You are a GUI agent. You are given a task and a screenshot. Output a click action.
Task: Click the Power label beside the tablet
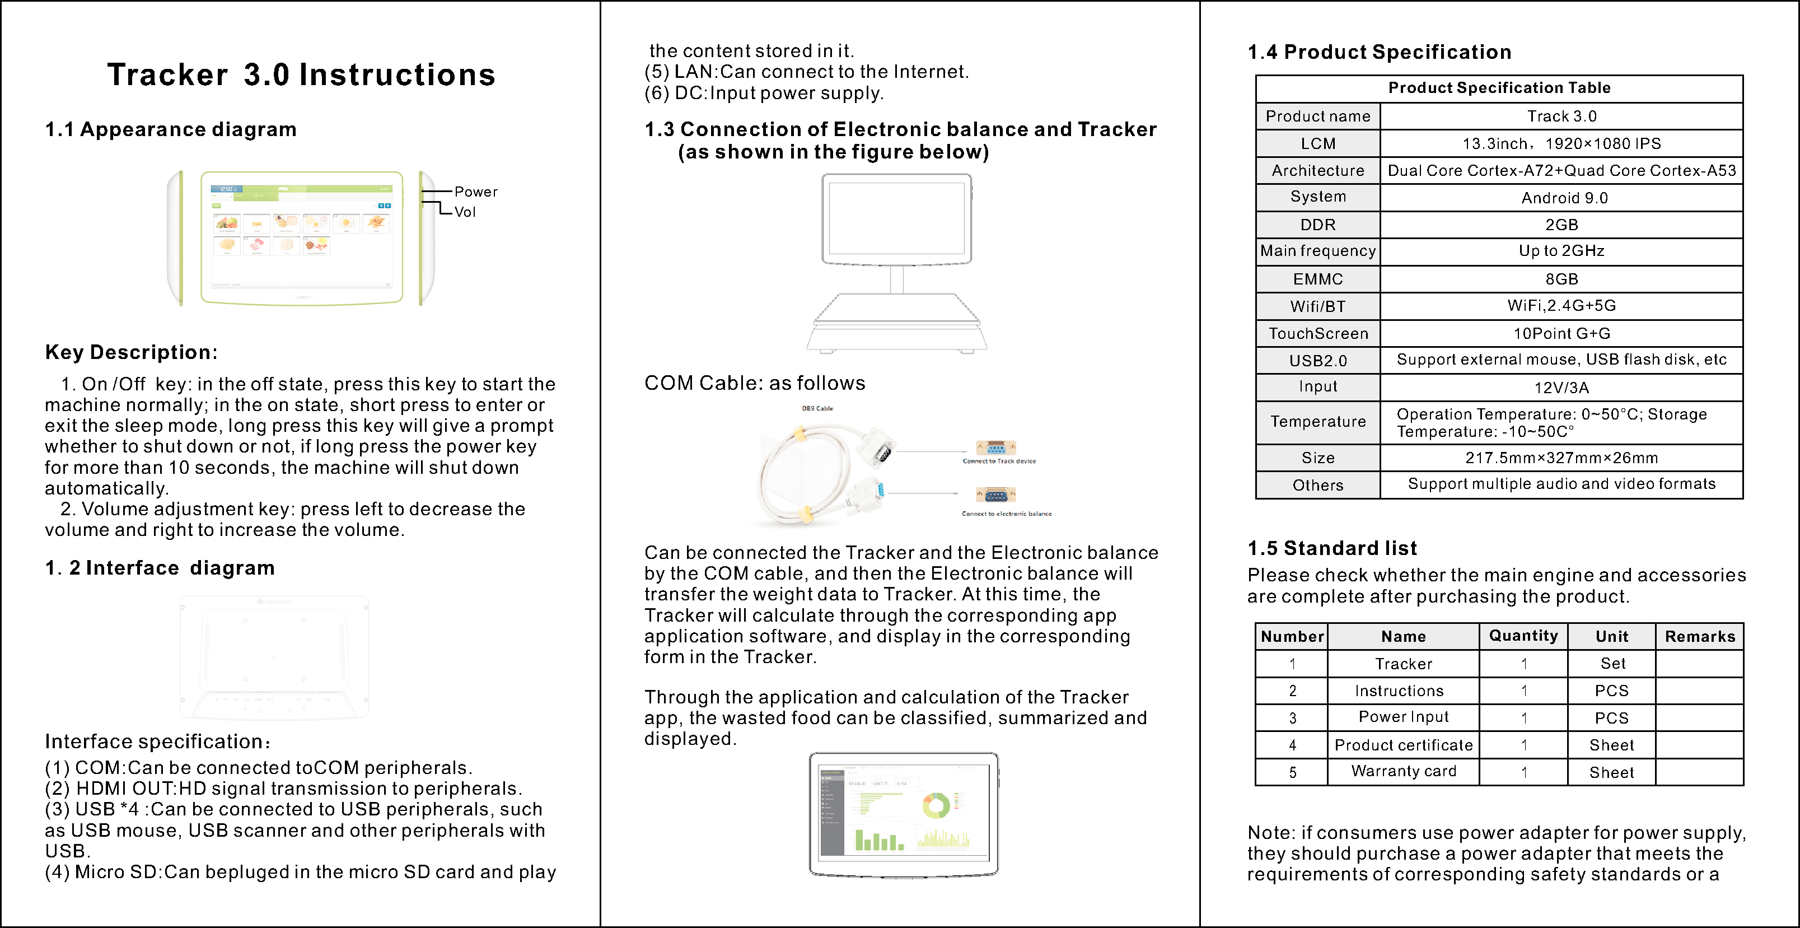[476, 192]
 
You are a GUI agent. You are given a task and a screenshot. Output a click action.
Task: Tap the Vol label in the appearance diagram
[465, 212]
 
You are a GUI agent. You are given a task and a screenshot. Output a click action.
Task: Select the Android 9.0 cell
[1564, 198]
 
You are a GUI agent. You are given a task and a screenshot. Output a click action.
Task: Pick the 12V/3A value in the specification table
[1561, 388]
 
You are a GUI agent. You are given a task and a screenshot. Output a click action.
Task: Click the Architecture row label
[1317, 170]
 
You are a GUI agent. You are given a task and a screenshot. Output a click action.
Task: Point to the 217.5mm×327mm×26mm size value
[1561, 458]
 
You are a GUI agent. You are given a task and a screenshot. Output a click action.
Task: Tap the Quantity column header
[1523, 635]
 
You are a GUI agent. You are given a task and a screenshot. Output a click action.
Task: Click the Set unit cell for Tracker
[1612, 663]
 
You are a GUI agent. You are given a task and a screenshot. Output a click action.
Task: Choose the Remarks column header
[1699, 636]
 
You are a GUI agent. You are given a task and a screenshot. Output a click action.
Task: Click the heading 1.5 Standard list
[1332, 548]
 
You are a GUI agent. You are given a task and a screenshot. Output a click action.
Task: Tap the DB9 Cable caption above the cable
[817, 408]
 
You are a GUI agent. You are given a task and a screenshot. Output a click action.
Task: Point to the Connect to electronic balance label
[1006, 514]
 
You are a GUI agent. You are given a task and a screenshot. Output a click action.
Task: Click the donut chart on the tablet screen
[936, 806]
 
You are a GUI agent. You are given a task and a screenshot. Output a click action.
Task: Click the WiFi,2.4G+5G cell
[1561, 305]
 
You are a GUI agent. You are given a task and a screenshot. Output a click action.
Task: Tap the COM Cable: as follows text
[754, 383]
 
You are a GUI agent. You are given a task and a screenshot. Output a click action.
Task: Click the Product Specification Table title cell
[1499, 88]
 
